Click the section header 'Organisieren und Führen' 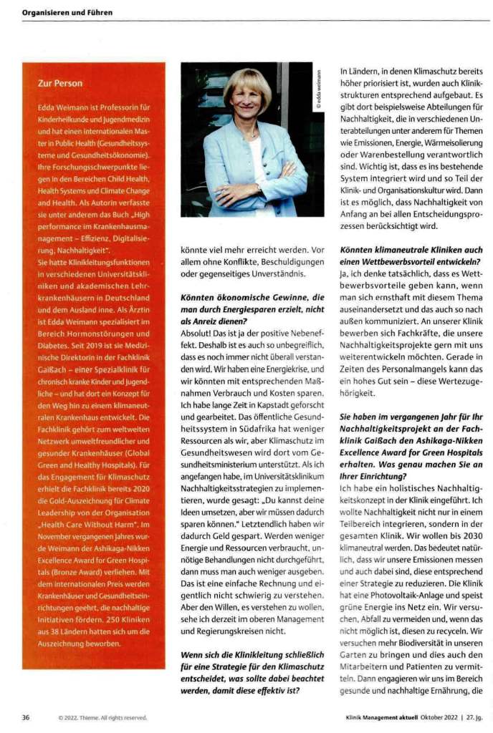(67, 12)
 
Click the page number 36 (26, 717)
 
